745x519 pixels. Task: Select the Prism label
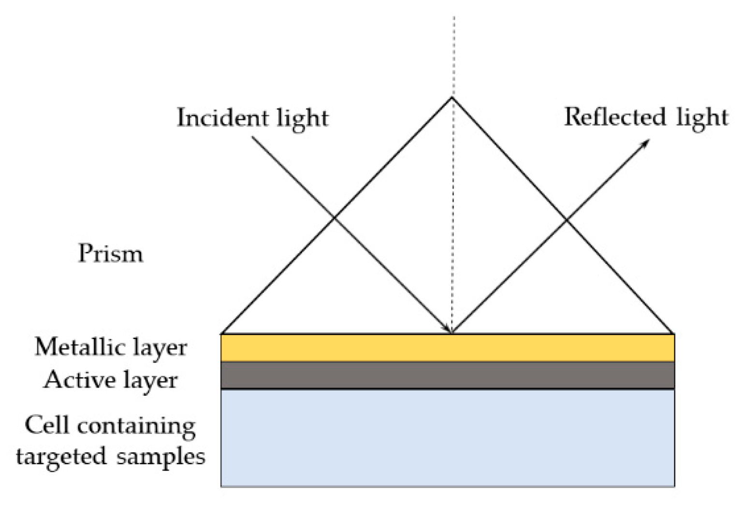coord(111,254)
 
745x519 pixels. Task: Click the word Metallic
coord(76,346)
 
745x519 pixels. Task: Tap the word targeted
coord(61,456)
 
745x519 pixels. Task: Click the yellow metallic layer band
coord(447,347)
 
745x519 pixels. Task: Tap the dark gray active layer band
coord(447,375)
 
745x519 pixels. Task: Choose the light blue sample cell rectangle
coord(447,437)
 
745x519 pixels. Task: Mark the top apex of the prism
coord(452,98)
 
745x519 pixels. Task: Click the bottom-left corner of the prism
coord(221,333)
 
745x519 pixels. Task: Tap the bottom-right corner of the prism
coord(674,333)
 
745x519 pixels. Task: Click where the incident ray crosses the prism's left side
coord(334,218)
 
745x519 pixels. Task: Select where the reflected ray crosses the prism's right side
coord(567,220)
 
